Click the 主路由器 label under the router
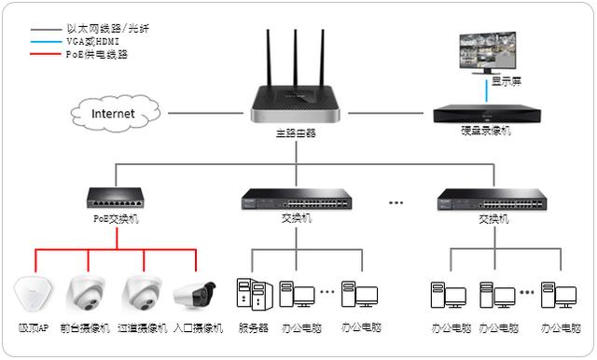click(x=296, y=133)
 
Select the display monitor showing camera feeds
click(x=484, y=55)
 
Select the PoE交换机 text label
click(x=116, y=219)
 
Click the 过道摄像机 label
click(x=143, y=328)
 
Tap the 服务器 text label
click(x=253, y=328)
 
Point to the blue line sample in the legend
click(x=46, y=42)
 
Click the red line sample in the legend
click(x=46, y=54)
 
